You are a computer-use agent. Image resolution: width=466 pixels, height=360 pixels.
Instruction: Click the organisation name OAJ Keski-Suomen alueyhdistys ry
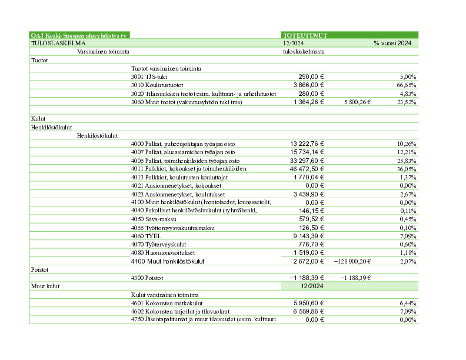coord(79,35)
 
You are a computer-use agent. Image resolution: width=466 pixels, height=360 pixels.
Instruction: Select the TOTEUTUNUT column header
coord(305,35)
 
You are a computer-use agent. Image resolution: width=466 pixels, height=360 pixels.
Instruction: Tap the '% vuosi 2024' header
coord(392,43)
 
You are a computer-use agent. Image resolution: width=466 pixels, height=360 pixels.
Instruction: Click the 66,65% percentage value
coord(407,85)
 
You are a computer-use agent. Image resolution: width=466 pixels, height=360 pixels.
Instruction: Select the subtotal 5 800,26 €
coord(357,102)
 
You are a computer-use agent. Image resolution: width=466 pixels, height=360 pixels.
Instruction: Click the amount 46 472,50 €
coord(307,168)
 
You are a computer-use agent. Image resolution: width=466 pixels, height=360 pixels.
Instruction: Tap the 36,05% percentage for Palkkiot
coord(407,168)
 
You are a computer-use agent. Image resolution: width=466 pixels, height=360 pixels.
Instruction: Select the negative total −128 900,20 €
coord(352,261)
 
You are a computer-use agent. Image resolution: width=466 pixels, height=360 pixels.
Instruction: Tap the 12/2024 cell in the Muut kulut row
coord(311,286)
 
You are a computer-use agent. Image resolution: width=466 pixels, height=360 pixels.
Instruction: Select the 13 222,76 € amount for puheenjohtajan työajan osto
coord(307,144)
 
